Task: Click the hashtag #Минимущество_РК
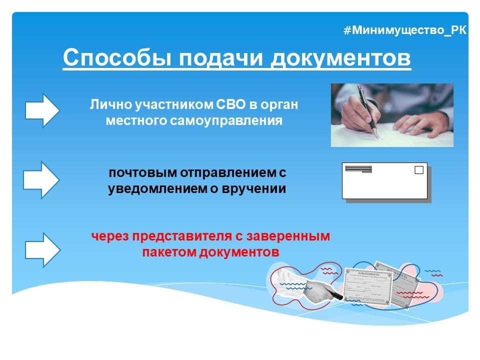[405, 30]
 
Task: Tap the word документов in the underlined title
[341, 58]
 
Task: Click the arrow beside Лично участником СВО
[42, 110]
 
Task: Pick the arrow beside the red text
[42, 249]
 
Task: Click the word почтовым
[136, 173]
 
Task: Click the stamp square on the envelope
[419, 170]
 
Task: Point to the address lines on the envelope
[358, 169]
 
